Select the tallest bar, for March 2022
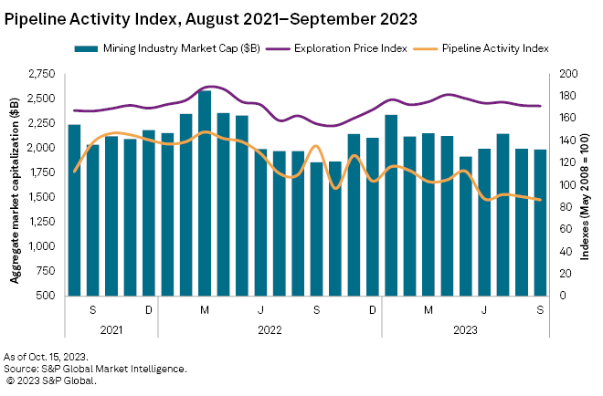coord(205,193)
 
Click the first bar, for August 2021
coord(74,210)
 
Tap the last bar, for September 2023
coord(539,223)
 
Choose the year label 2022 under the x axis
coord(270,330)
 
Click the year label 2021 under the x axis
coord(111,330)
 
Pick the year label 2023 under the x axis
coord(465,330)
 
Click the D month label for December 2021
coord(149,310)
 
